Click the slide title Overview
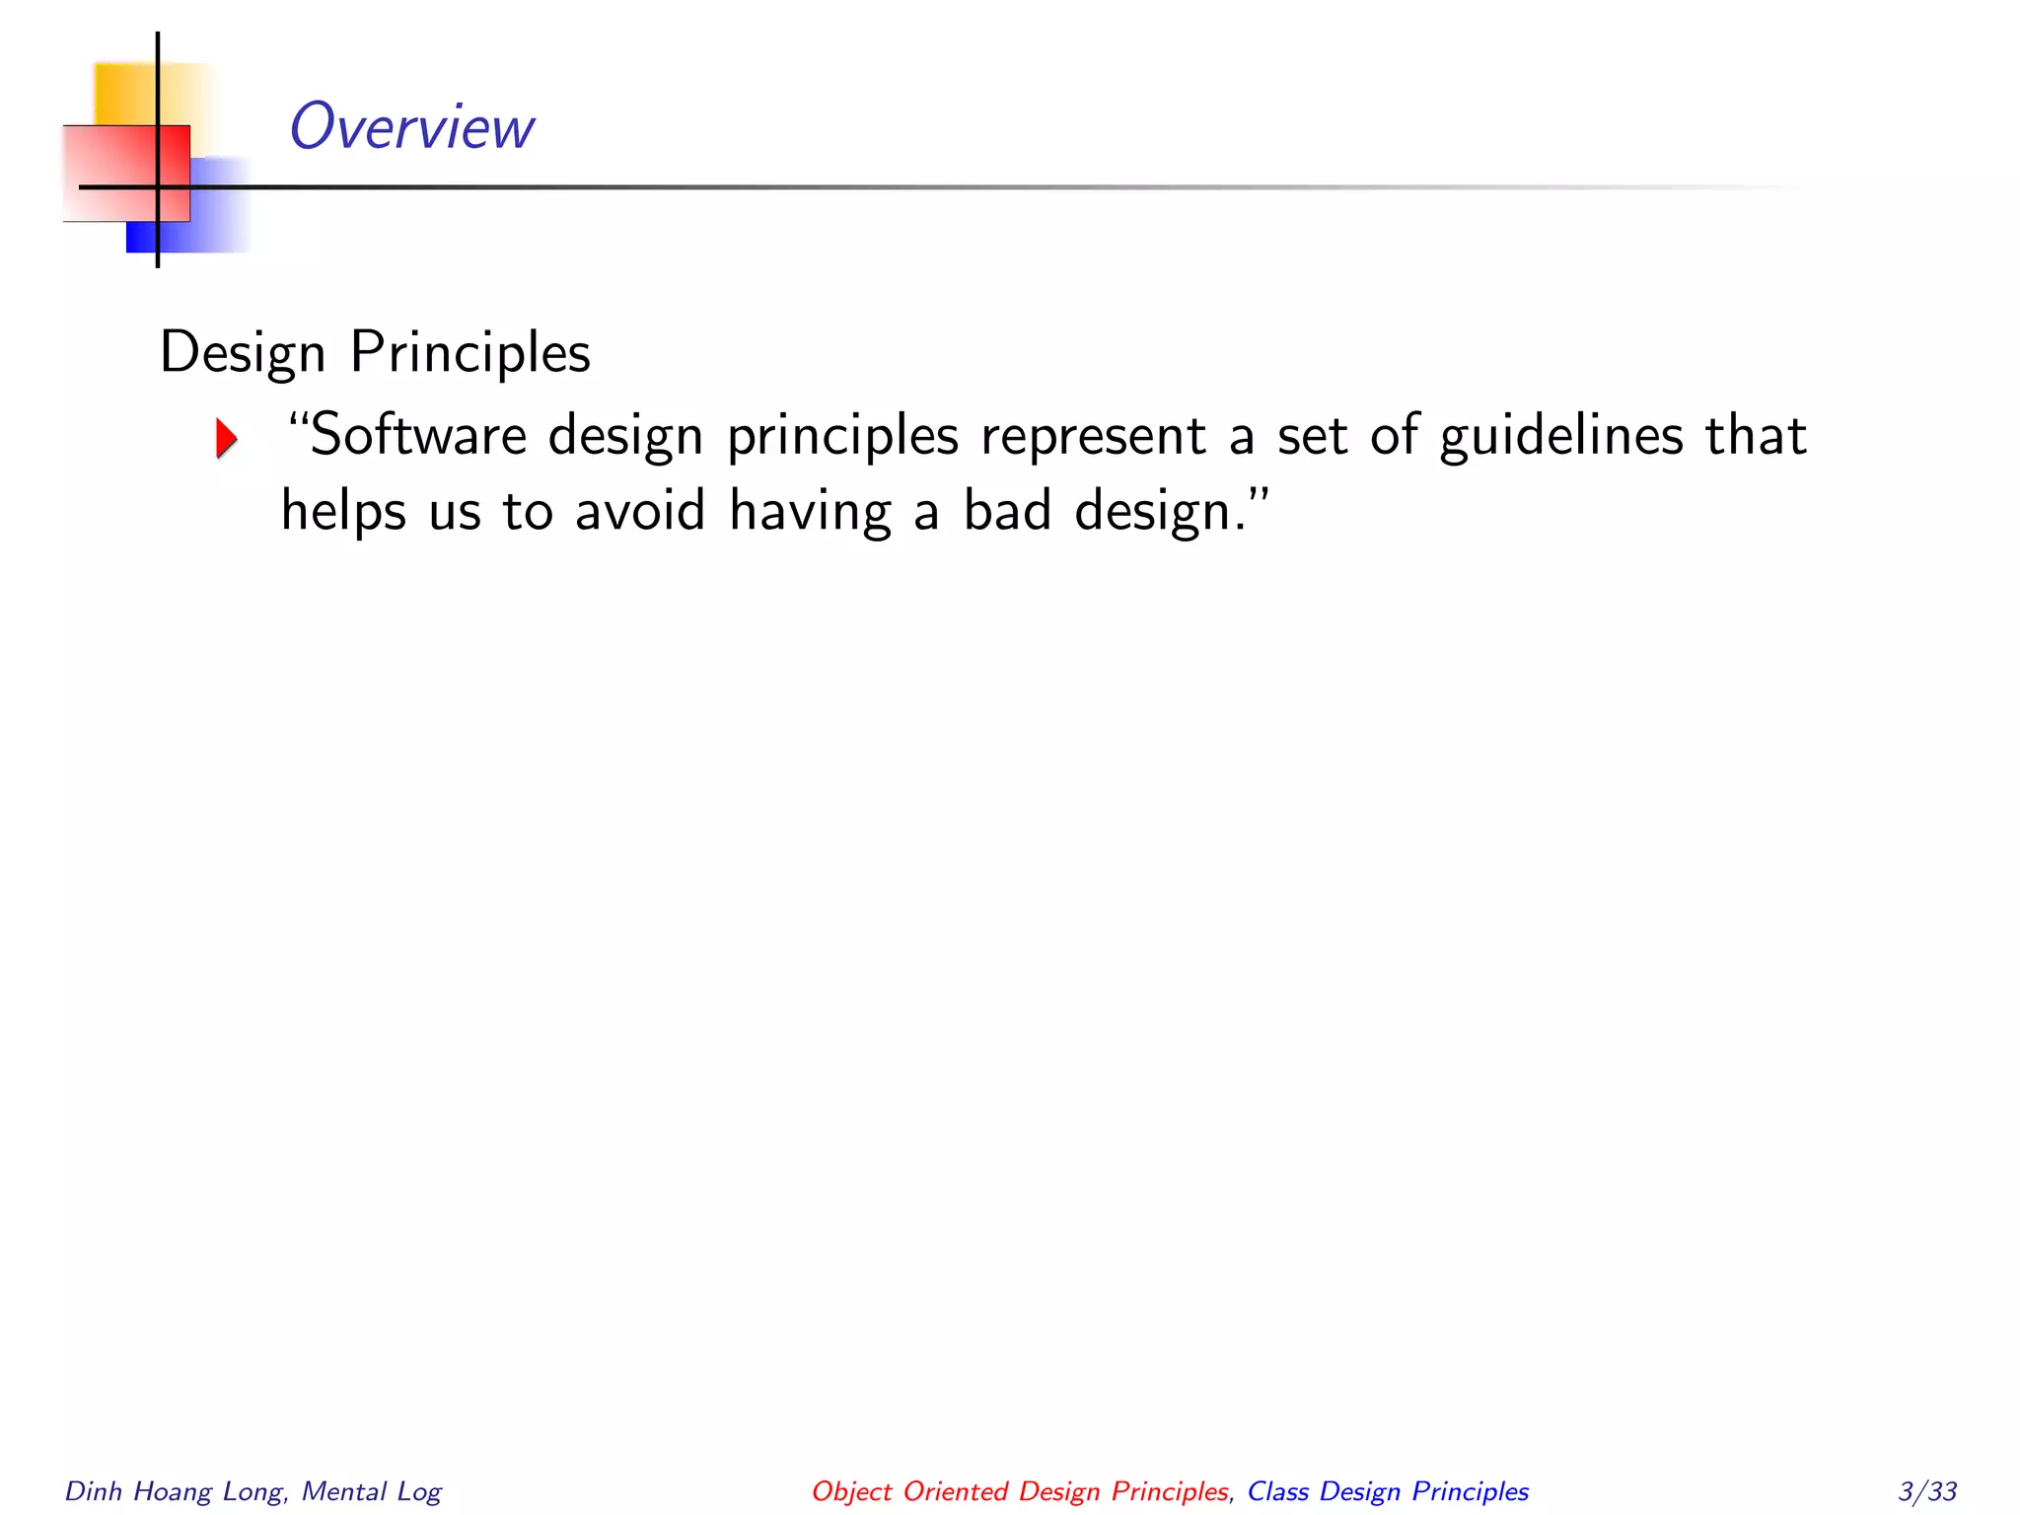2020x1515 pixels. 411,127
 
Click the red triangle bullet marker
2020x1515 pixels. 227,438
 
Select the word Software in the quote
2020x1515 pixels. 418,435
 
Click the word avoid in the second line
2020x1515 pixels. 640,512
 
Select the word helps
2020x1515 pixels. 343,512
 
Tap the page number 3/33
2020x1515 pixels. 1926,1490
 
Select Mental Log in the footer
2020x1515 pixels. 372,1491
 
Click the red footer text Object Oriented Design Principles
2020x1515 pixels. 1020,1491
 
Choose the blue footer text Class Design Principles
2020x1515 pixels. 1388,1491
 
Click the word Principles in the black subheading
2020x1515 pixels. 470,352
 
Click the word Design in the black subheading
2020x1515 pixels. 243,354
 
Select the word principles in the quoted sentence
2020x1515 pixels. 842,437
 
